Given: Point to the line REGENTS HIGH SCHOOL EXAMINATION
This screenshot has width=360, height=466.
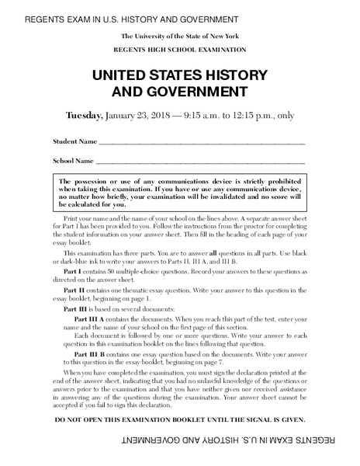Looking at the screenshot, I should click(x=180, y=49).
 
